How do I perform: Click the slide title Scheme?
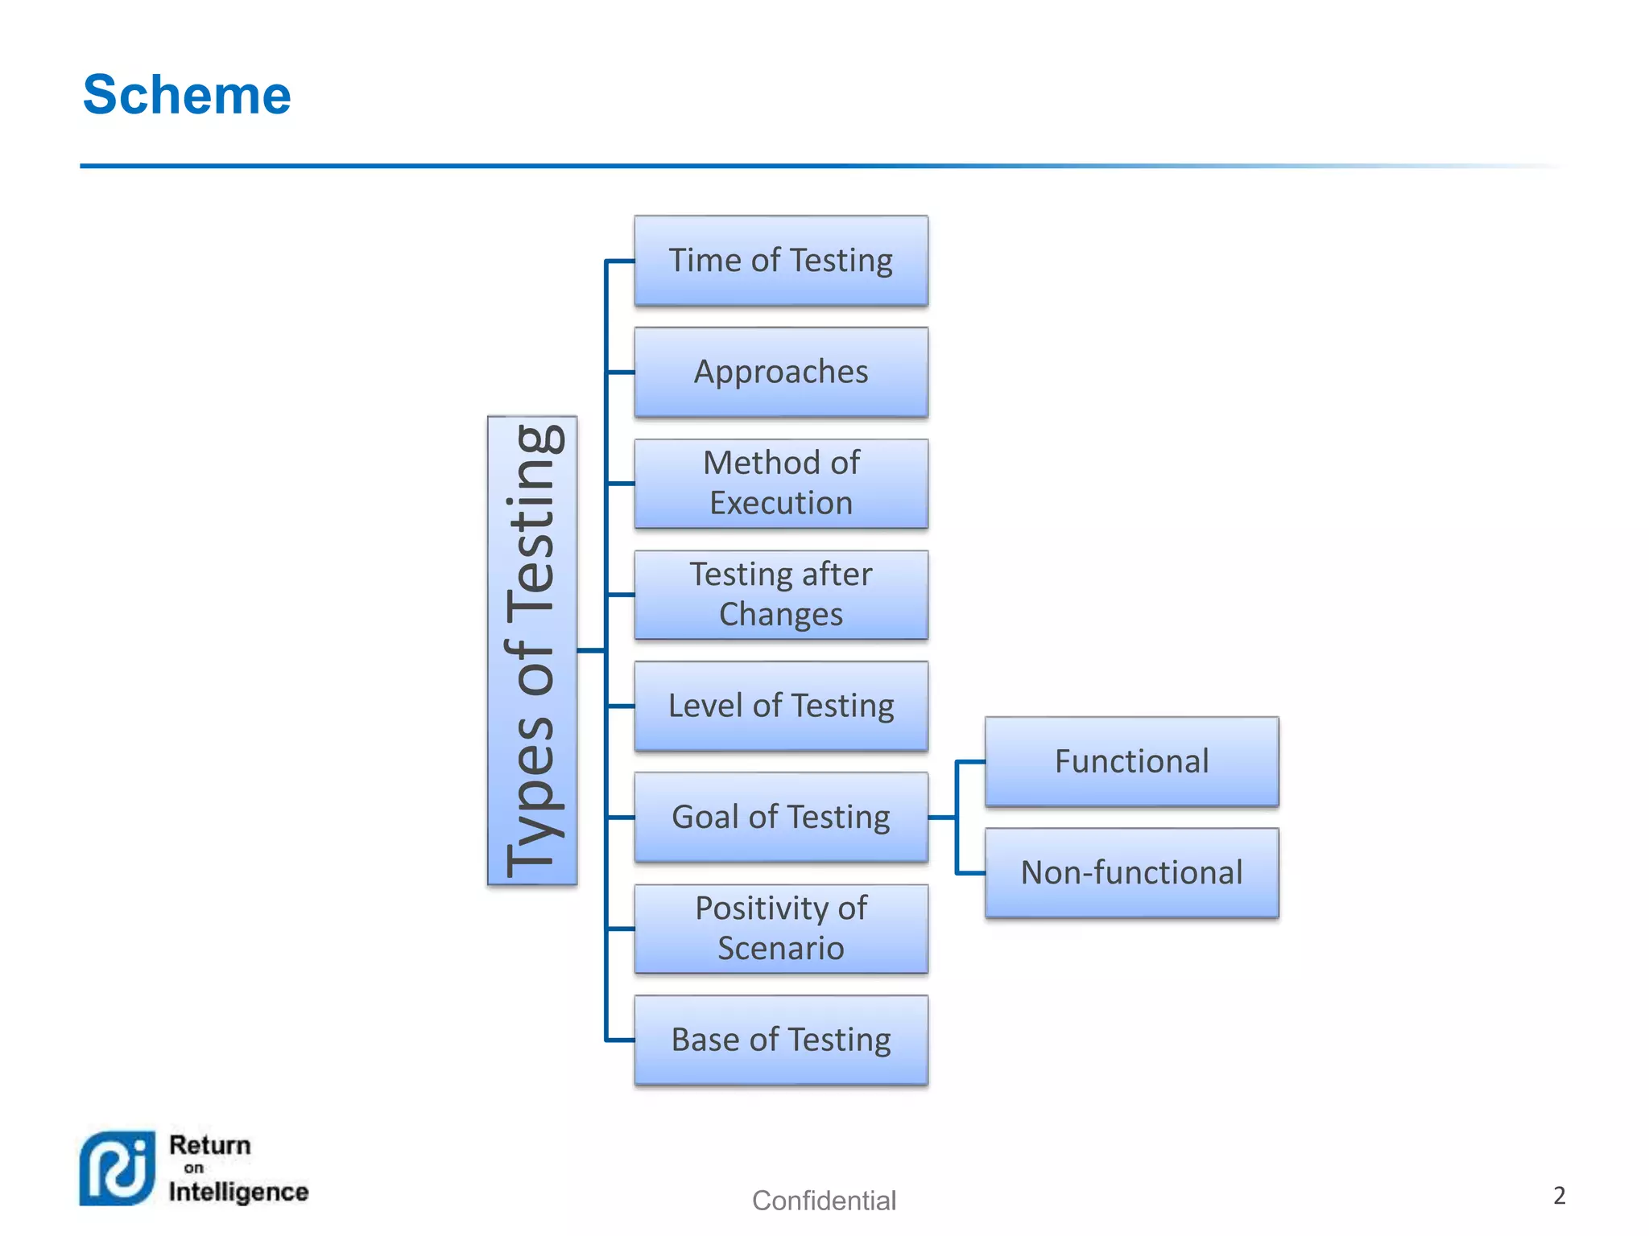click(187, 95)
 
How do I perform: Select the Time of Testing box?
click(780, 261)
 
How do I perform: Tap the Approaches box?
click(780, 372)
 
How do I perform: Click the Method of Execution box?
click(780, 483)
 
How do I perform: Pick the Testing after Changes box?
click(780, 595)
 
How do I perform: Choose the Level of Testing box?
click(780, 706)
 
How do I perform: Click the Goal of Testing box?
click(780, 817)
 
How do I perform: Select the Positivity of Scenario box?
click(780, 929)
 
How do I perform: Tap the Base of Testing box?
click(780, 1040)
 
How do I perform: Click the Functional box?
click(1131, 761)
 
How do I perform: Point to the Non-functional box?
click(1131, 873)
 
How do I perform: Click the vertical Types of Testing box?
click(532, 650)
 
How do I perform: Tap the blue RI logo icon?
click(118, 1168)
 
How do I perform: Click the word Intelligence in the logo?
click(238, 1192)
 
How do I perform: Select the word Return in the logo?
click(210, 1145)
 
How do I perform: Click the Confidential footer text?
click(824, 1201)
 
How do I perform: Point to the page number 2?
click(1559, 1196)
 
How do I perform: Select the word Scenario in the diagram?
click(780, 949)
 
